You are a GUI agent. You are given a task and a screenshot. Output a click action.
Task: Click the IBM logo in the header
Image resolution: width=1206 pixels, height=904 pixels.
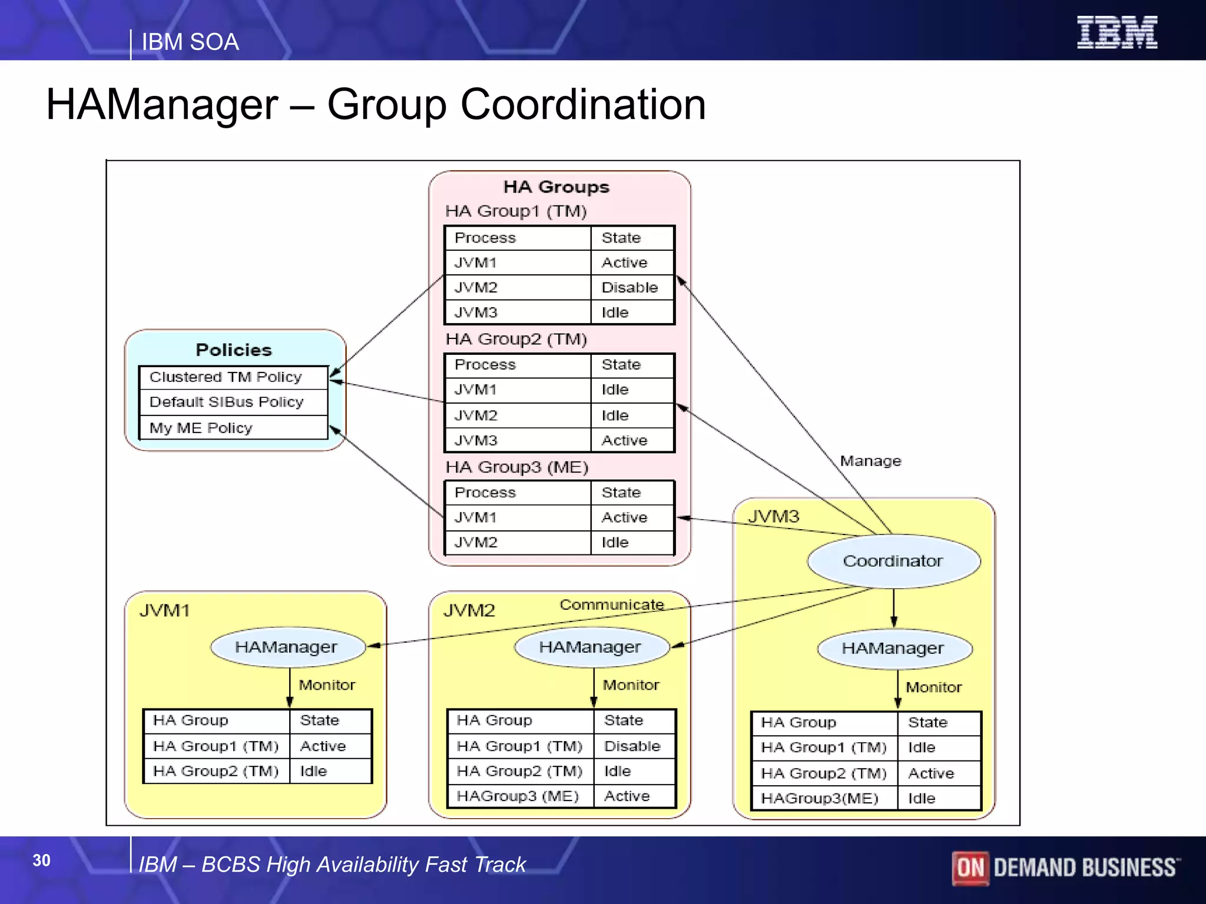click(x=1116, y=32)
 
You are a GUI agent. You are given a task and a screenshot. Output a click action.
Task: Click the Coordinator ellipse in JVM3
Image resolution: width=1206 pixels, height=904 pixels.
click(x=893, y=561)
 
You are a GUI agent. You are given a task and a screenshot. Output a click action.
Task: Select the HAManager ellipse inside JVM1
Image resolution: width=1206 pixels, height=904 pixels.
click(x=287, y=647)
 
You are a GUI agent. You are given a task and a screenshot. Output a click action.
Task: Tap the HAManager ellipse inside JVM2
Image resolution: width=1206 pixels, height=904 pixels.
click(x=591, y=647)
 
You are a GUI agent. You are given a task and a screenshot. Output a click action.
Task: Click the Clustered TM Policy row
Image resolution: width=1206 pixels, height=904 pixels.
click(x=232, y=377)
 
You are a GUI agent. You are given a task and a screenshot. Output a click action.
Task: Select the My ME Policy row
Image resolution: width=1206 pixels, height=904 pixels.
click(x=232, y=428)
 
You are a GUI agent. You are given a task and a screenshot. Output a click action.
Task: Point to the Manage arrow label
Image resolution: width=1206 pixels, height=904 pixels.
click(x=870, y=461)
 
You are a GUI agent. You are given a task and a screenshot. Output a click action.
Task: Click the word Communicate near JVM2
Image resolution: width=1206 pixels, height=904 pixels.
click(x=611, y=604)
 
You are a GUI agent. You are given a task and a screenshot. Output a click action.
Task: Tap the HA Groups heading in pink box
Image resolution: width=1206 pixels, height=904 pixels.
click(x=556, y=187)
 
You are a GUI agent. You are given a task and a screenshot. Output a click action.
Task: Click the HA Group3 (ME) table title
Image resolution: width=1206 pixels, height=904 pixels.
click(x=516, y=467)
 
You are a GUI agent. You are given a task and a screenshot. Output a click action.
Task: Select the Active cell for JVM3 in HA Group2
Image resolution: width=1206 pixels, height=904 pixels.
click(x=624, y=440)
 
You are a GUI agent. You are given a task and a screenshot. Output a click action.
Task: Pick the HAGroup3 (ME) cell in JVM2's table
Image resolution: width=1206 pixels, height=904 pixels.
click(x=518, y=796)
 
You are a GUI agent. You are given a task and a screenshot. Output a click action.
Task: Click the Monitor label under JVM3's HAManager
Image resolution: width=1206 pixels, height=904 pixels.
click(x=933, y=687)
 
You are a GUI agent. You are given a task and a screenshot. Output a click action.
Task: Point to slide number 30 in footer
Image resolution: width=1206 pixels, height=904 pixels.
click(x=41, y=860)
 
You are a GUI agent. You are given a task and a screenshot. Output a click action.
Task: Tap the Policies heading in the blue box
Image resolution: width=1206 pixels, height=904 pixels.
click(x=234, y=350)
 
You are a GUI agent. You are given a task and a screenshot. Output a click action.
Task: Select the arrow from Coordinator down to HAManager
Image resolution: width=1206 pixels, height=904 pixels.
click(x=893, y=607)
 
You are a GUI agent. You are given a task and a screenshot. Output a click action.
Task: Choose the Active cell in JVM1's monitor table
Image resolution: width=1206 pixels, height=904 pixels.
click(x=323, y=746)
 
